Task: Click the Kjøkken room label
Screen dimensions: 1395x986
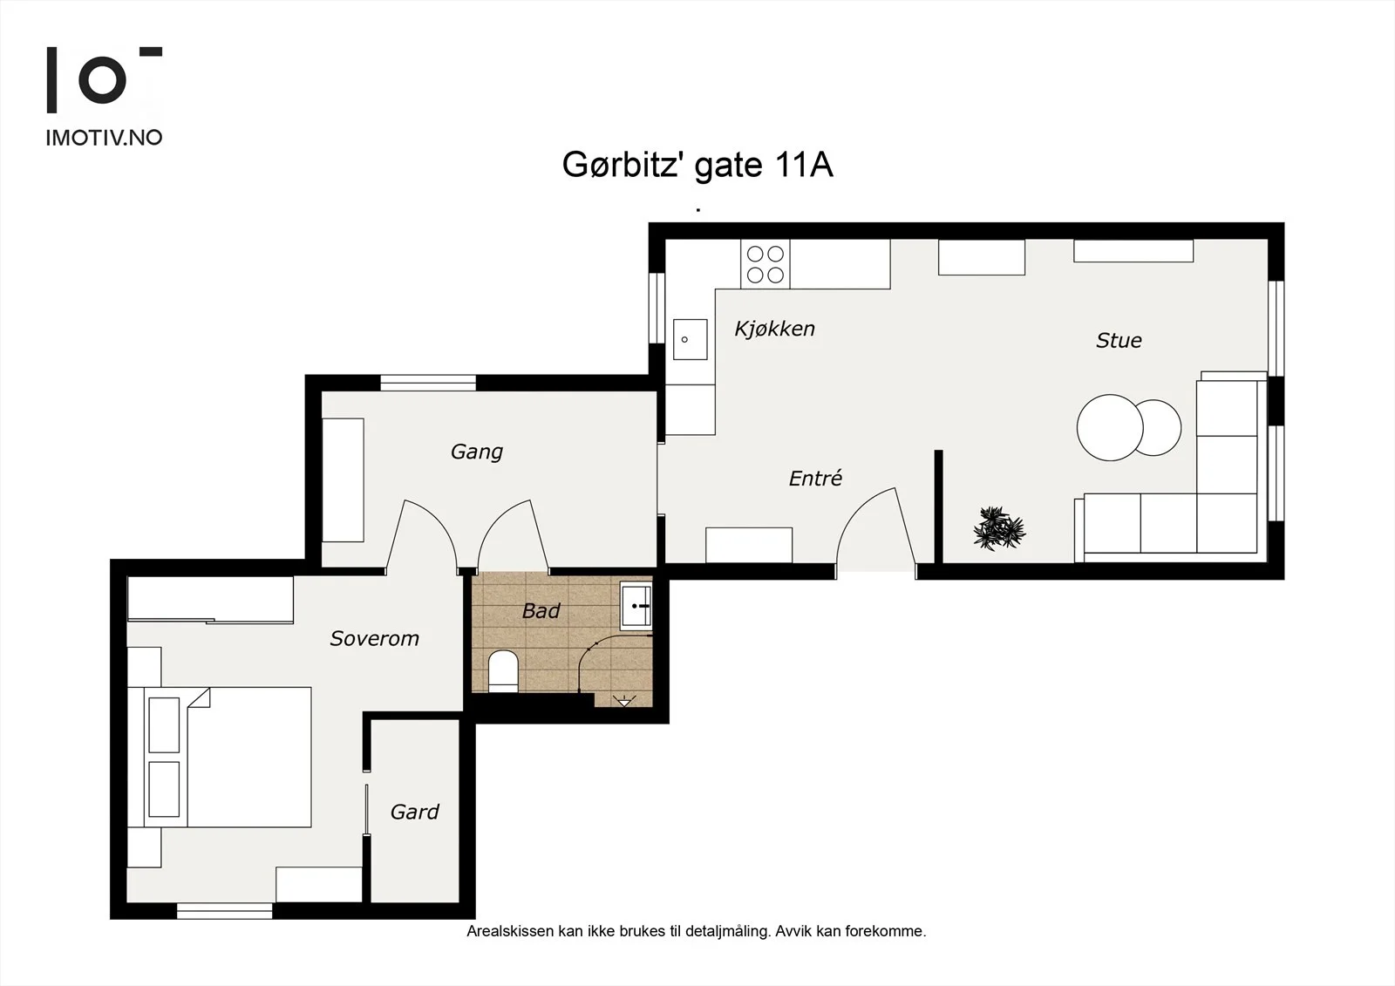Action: click(x=775, y=329)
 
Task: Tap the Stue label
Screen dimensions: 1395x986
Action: click(x=1119, y=341)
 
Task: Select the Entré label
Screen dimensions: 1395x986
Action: click(x=815, y=478)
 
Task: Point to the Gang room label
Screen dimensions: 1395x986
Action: click(x=476, y=452)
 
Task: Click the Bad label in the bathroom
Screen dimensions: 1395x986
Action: click(x=541, y=611)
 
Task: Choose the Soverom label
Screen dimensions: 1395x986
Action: click(x=374, y=638)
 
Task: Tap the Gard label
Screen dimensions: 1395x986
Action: click(x=415, y=812)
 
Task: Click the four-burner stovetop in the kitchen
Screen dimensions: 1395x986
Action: click(x=765, y=264)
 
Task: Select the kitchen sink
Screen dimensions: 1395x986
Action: click(x=690, y=339)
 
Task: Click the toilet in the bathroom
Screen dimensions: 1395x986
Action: click(x=503, y=671)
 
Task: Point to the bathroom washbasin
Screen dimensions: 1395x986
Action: click(x=636, y=604)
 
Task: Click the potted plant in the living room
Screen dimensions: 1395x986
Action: click(x=999, y=528)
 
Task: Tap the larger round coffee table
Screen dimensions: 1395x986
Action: click(x=1110, y=428)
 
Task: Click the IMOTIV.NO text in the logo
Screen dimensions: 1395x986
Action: click(x=104, y=138)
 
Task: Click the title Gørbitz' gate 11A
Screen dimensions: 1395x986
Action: click(x=697, y=165)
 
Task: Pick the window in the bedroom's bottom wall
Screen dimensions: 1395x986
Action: click(x=224, y=911)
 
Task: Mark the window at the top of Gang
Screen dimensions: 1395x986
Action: click(x=428, y=383)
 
